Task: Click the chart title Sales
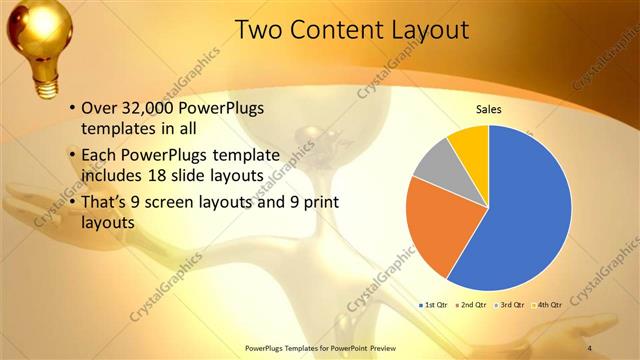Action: point(488,110)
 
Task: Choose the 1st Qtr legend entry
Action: point(432,303)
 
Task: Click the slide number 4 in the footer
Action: point(590,347)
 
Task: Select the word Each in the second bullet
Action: point(99,156)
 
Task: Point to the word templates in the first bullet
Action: point(122,129)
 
